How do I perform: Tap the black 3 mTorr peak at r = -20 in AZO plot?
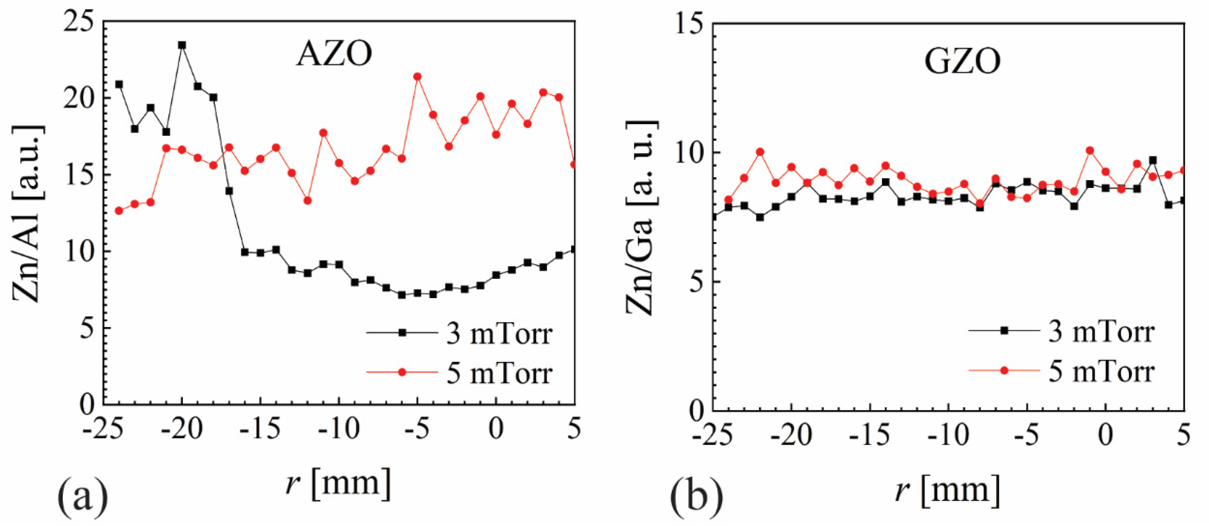[182, 45]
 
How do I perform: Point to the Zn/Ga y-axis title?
[641, 218]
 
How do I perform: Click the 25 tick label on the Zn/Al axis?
[79, 23]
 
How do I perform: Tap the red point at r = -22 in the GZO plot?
[760, 152]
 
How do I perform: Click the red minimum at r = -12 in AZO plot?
[307, 201]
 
